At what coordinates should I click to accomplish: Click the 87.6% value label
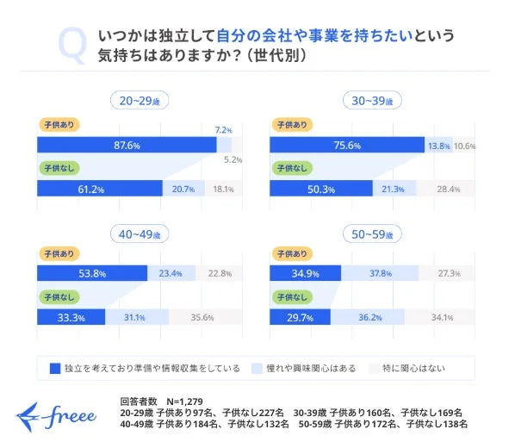click(127, 145)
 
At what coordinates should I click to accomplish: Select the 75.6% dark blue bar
click(348, 145)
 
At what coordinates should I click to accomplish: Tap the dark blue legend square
click(54, 369)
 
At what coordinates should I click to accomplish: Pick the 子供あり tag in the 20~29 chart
click(58, 124)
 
